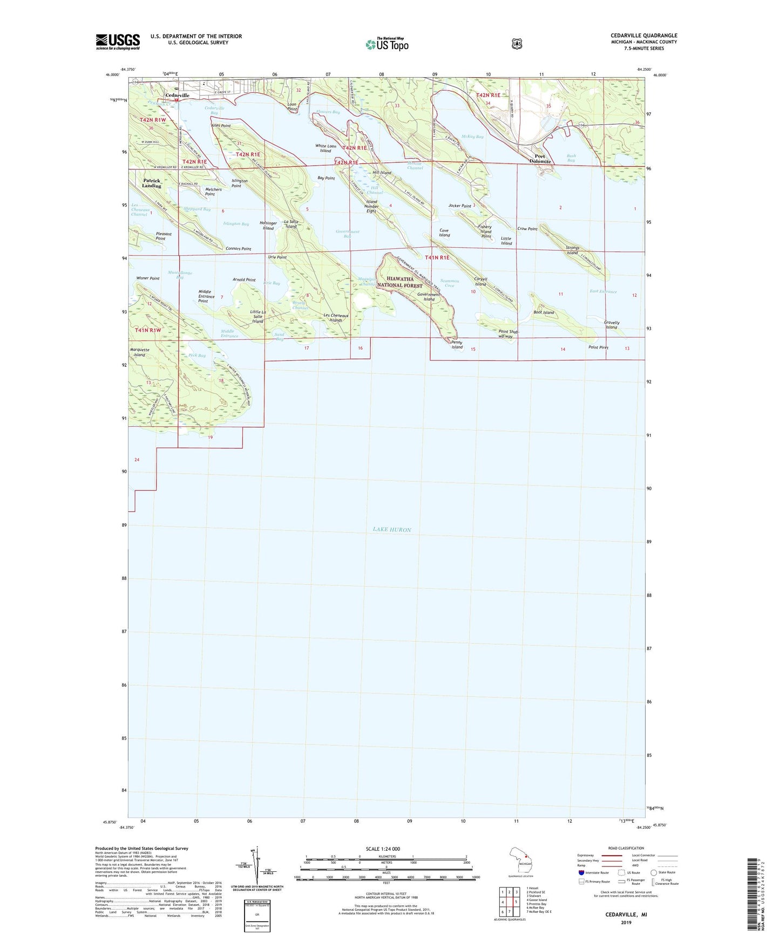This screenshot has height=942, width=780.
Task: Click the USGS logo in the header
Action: [118, 42]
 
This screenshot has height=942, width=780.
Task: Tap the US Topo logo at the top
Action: [386, 44]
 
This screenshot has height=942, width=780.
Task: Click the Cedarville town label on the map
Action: [177, 95]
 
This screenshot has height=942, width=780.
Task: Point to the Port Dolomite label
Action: [540, 159]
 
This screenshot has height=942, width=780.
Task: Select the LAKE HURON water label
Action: [392, 530]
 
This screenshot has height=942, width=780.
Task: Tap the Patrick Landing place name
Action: [152, 183]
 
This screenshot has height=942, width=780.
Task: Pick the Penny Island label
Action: [457, 345]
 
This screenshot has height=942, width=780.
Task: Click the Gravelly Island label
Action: [611, 325]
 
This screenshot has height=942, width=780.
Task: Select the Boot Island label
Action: [544, 312]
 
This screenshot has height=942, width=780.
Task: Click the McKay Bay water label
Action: [472, 137]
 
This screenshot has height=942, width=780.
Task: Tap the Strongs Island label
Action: [572, 250]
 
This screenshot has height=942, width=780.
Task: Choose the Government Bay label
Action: [347, 234]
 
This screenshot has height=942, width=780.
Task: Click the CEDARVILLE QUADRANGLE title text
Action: [643, 36]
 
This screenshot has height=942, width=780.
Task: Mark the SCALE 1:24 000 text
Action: [383, 849]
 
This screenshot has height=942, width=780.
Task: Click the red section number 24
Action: [137, 460]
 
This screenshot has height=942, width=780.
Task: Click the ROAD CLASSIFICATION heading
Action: [626, 848]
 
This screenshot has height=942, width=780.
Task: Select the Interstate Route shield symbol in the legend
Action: [581, 872]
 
